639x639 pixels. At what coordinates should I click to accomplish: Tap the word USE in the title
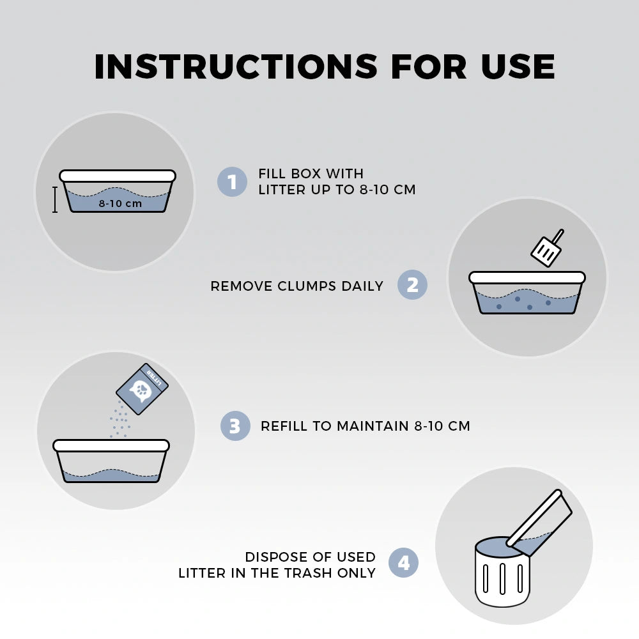pos(518,66)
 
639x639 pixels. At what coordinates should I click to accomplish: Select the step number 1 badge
pos(232,181)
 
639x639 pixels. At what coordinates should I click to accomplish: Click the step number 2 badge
pos(412,284)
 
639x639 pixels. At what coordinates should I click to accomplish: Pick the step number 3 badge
pos(235,426)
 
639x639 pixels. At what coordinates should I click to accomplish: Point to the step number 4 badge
pos(403,562)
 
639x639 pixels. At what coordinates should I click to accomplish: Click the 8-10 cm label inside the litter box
pos(120,203)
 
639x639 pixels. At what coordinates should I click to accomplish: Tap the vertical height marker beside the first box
pos(54,199)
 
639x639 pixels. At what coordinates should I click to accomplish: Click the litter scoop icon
pos(548,248)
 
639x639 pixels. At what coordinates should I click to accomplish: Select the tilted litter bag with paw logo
pos(142,389)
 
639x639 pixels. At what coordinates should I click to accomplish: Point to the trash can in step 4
pos(502,571)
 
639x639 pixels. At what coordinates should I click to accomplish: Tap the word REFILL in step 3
pos(284,426)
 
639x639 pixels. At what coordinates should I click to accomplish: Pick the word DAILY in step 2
pos(362,286)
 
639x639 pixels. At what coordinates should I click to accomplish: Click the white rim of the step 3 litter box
pos(111,445)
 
